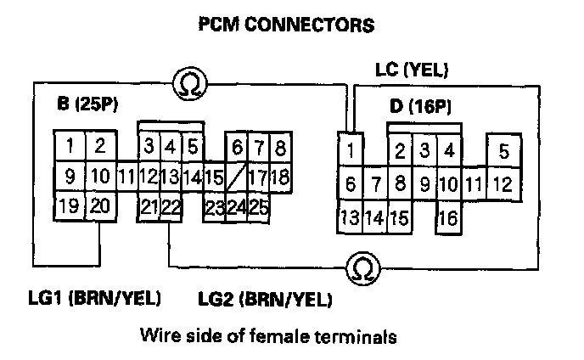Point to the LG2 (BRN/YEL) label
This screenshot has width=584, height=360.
264,299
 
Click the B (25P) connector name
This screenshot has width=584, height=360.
87,106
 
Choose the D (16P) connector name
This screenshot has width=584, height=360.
418,109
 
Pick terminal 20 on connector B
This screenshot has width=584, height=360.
99,206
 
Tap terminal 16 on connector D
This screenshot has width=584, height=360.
448,217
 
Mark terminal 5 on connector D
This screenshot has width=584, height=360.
503,153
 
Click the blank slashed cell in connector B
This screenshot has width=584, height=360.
237,177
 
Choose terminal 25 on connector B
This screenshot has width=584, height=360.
258,206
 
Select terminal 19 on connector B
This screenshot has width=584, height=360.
70,206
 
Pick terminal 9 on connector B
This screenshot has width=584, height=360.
70,177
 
